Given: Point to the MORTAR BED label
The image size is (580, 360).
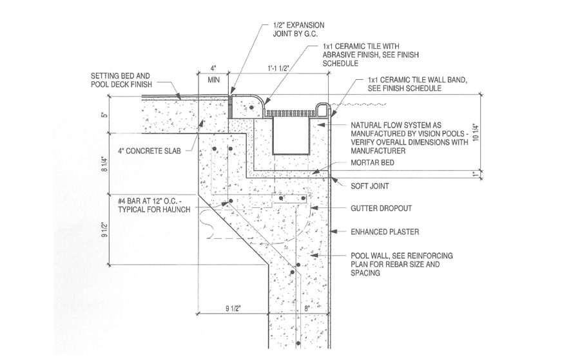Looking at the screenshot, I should [x=371, y=163].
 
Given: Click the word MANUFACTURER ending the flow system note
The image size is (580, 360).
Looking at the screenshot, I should [x=378, y=151].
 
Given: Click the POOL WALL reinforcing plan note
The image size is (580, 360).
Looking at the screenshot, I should [x=400, y=264].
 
